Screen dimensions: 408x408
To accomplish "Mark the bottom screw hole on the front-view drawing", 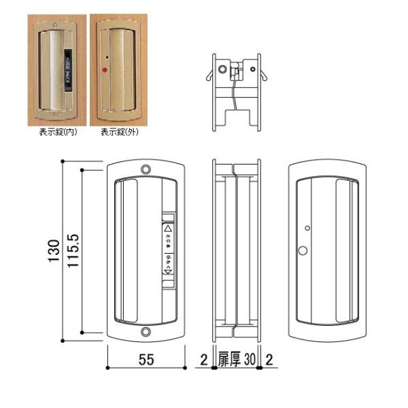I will click(146, 333).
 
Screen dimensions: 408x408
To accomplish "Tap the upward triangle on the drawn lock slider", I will click(169, 229).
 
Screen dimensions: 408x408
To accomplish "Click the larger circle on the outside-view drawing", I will click(302, 252).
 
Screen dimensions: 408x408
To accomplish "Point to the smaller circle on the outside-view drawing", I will click(307, 228).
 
